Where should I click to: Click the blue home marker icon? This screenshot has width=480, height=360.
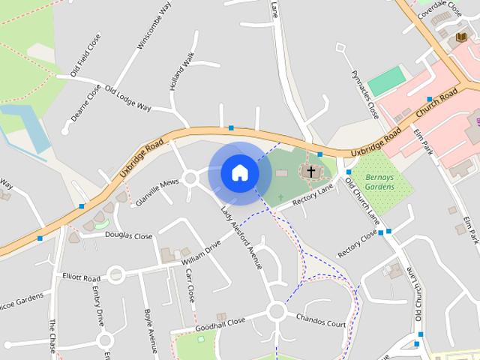tap(240, 172)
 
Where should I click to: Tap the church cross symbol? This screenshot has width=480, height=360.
tap(310, 172)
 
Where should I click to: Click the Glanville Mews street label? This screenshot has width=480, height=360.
tap(157, 192)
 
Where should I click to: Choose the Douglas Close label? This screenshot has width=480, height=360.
tap(128, 235)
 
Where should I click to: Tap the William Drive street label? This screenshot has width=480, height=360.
tap(201, 253)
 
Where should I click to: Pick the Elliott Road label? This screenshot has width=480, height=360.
tap(82, 277)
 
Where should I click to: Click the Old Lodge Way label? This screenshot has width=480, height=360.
tap(128, 98)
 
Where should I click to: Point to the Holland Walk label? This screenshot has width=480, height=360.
tap(181, 73)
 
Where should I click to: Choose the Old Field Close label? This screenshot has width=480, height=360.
tap(85, 55)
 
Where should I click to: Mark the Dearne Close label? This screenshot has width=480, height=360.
tap(85, 105)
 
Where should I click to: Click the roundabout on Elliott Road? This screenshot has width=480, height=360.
tap(115, 275)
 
